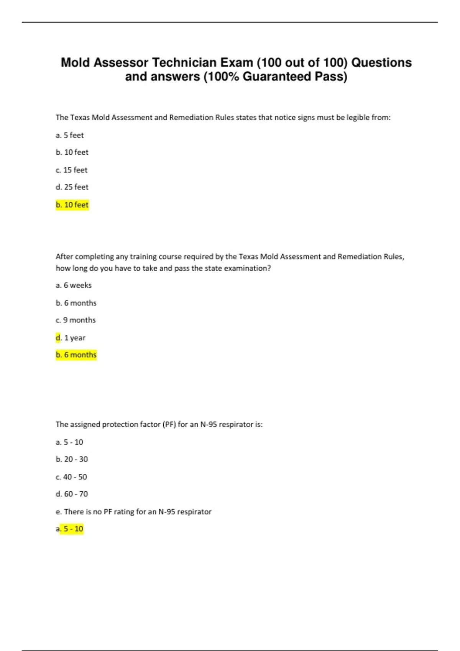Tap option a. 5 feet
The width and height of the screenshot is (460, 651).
(x=69, y=135)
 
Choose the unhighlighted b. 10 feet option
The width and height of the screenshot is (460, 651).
(x=72, y=152)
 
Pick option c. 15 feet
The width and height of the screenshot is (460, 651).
(x=71, y=170)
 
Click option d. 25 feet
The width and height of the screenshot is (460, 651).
(x=72, y=187)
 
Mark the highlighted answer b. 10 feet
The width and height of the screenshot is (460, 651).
(x=72, y=205)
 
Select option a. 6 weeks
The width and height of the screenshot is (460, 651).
(x=74, y=285)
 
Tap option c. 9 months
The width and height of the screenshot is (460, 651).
(x=76, y=320)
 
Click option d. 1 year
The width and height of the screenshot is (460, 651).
(x=71, y=338)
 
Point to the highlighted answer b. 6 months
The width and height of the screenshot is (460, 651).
(x=76, y=355)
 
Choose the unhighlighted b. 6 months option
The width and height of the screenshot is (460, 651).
(x=76, y=303)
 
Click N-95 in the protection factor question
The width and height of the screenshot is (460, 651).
(x=209, y=424)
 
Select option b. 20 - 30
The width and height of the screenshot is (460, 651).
(x=72, y=459)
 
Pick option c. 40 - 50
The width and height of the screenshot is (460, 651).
(x=71, y=477)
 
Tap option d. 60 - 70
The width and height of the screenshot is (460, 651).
(x=72, y=494)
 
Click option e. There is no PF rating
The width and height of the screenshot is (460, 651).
(x=133, y=512)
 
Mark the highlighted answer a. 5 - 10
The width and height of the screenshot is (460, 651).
(x=69, y=529)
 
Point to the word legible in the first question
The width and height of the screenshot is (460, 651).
(x=358, y=118)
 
